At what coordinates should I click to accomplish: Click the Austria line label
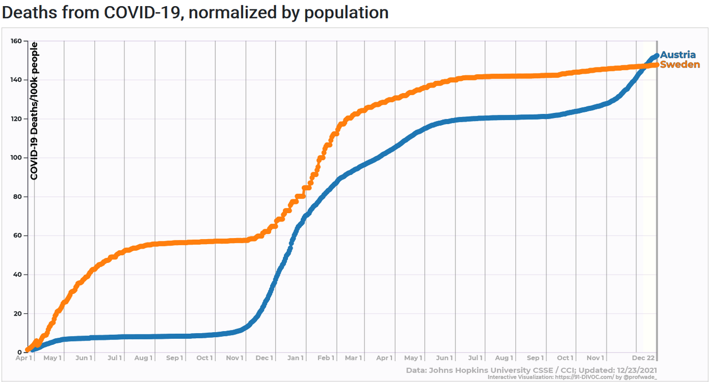(677, 55)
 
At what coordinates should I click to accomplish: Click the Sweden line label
(679, 65)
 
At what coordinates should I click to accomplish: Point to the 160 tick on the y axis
(15, 41)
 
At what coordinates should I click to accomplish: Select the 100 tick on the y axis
(15, 158)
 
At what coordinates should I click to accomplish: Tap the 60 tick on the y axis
(17, 236)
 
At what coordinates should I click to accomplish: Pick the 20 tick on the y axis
(17, 313)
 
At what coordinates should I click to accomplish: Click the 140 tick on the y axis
(15, 80)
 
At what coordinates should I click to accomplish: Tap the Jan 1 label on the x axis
(295, 358)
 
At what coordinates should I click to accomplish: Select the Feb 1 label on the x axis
(325, 358)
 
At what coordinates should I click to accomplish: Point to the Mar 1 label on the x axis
(353, 358)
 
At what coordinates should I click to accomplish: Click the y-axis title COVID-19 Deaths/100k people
(34, 111)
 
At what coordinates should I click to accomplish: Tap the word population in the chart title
(346, 13)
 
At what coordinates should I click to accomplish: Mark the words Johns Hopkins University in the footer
(481, 370)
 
